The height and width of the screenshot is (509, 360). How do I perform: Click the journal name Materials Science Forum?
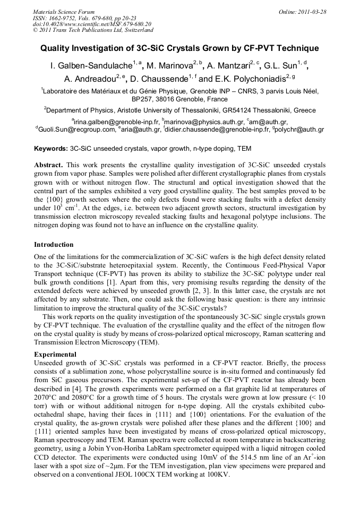(x=64, y=11)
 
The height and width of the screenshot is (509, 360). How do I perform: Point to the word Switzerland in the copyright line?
(x=133, y=30)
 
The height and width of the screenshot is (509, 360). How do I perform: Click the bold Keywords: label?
(x=51, y=148)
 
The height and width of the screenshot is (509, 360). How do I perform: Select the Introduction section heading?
(x=54, y=245)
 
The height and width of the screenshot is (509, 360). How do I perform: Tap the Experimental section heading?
(x=55, y=354)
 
